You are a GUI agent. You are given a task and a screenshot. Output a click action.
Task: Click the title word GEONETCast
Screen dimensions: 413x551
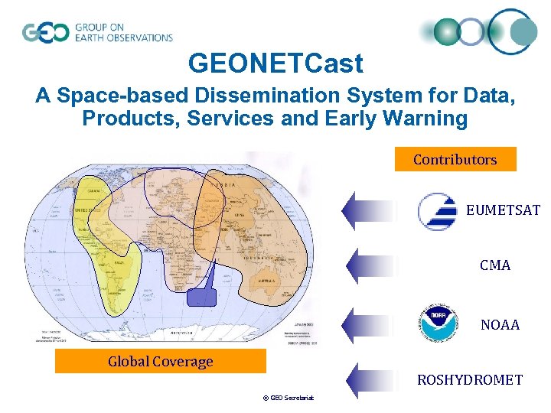click(x=275, y=63)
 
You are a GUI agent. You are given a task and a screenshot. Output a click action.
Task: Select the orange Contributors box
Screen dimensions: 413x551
click(x=455, y=159)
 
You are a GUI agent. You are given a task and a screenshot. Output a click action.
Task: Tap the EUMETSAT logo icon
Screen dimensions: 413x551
click(x=437, y=210)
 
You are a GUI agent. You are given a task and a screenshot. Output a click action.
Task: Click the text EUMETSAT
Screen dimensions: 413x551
click(x=503, y=210)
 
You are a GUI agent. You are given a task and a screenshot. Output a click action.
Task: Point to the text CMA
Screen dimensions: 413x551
click(x=495, y=265)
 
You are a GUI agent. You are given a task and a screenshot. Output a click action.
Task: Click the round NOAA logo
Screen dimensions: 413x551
click(x=438, y=324)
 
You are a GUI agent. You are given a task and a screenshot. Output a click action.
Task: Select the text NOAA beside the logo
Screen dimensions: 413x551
click(x=500, y=325)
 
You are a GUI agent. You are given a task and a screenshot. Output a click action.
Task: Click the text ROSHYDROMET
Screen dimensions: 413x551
click(x=469, y=379)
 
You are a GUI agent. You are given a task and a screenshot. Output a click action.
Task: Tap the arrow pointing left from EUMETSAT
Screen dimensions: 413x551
click(x=370, y=210)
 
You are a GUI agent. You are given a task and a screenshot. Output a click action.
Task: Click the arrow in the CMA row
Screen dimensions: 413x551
click(x=370, y=265)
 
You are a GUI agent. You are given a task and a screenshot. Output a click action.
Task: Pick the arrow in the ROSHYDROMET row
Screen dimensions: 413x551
click(x=370, y=379)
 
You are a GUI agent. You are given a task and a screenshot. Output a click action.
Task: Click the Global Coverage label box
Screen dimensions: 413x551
click(x=160, y=361)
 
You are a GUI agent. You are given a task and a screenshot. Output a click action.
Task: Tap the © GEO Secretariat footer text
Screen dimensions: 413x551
click(x=290, y=398)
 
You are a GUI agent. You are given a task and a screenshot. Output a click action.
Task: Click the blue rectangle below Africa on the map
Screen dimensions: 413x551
click(x=202, y=298)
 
